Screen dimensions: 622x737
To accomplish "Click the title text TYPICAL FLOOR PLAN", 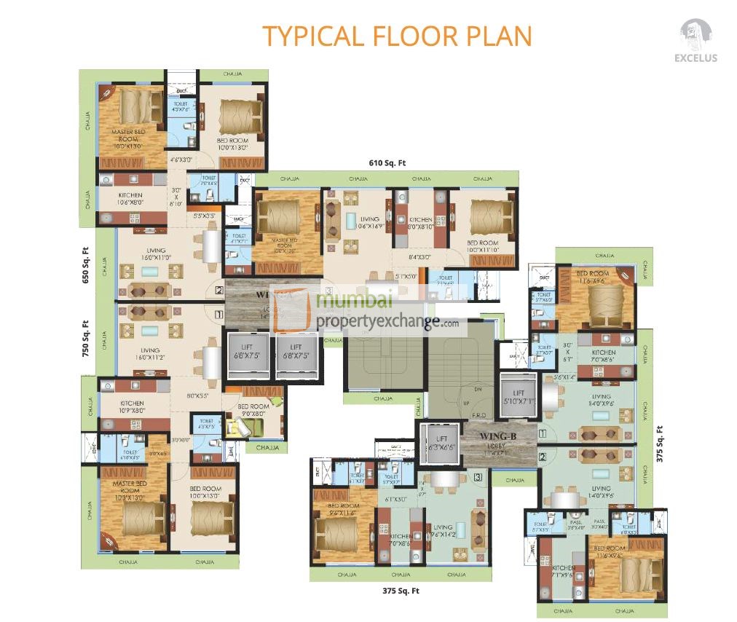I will click(x=397, y=36).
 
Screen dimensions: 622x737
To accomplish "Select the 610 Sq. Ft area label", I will click(x=387, y=163).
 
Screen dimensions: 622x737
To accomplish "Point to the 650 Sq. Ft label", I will click(x=85, y=266).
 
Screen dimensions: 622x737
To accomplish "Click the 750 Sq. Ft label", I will click(x=85, y=339).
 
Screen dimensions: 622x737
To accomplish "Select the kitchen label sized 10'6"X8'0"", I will click(x=131, y=200).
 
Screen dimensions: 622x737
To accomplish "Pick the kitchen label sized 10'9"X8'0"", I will click(x=132, y=406).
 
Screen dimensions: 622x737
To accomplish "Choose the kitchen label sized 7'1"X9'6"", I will click(x=563, y=572).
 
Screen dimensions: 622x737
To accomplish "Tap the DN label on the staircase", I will click(x=478, y=390).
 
